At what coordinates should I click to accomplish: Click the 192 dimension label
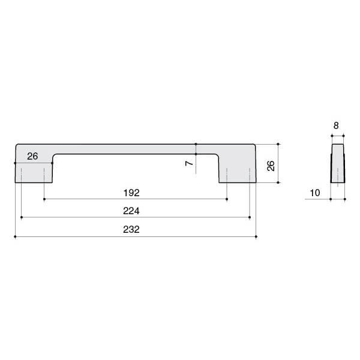coord(131,193)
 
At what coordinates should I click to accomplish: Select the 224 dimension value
coord(131,211)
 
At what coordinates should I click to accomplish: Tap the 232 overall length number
coord(131,229)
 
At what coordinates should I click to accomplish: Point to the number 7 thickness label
coord(189,163)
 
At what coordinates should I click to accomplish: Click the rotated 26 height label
coord(271,166)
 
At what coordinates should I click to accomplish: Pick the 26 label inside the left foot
coord(32,157)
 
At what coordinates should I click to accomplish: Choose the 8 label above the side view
coord(336,125)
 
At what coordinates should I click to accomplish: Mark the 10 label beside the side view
coord(315,193)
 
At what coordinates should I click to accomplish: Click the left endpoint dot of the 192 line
coord(44,199)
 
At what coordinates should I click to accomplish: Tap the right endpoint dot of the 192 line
coord(227,199)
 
